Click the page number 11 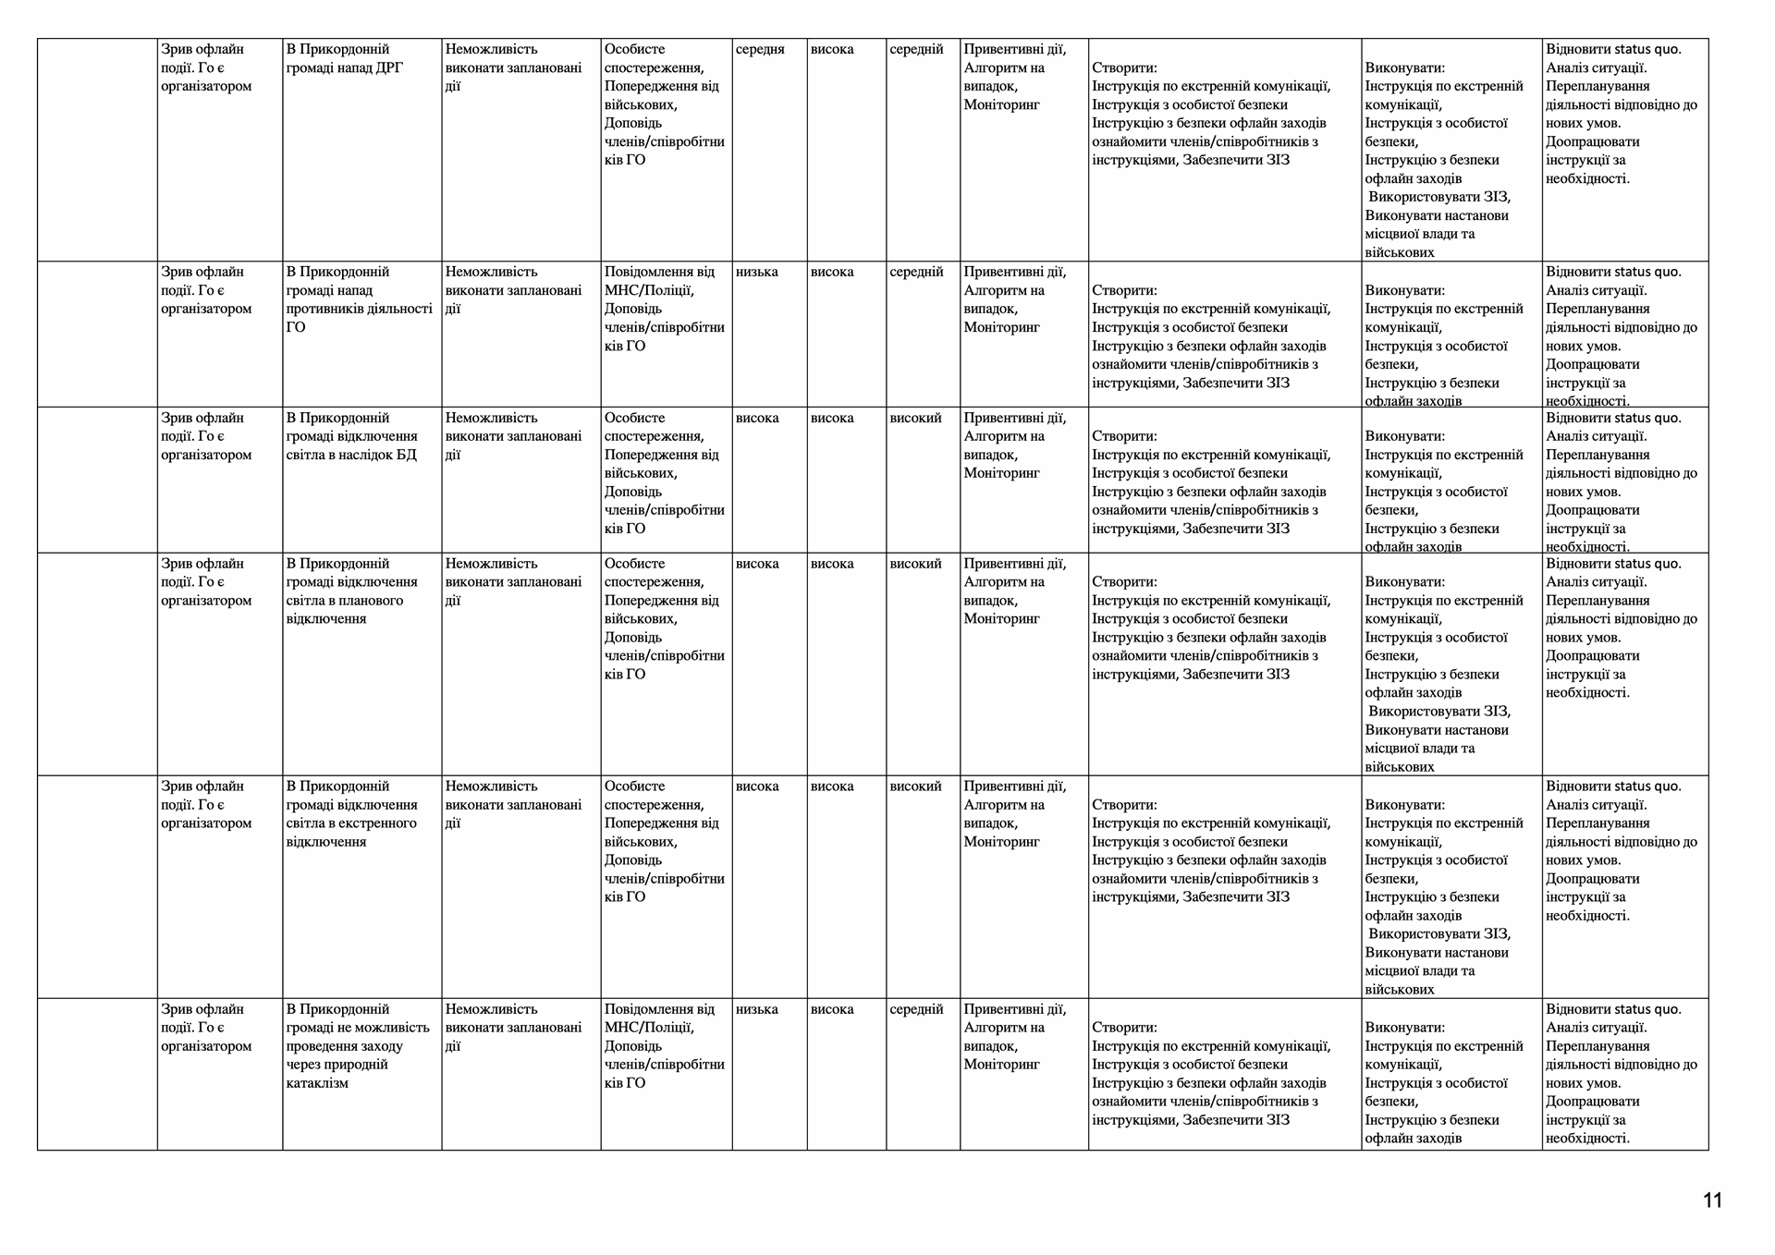[1712, 1200]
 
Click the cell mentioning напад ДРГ [344, 58]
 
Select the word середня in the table [760, 49]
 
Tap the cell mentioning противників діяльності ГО [359, 299]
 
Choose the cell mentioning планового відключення [351, 591]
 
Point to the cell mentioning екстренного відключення [351, 814]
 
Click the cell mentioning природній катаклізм [358, 1046]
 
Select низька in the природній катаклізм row [756, 1009]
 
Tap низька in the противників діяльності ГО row [756, 272]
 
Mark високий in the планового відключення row [915, 564]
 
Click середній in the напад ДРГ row [916, 49]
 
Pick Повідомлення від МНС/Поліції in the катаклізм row [659, 1018]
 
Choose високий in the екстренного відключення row [915, 786]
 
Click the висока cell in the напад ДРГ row [832, 49]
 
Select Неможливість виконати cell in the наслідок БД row [513, 436]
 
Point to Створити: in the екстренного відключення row [1124, 805]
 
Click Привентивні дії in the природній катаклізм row [1014, 1009]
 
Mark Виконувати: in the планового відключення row [1404, 582]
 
